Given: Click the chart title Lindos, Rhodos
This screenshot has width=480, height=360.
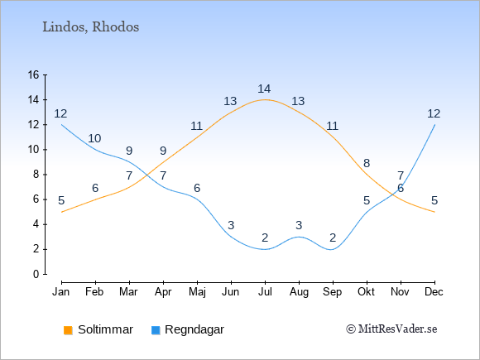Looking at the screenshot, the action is pyautogui.click(x=90, y=27).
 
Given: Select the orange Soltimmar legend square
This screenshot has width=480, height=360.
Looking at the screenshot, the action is pyautogui.click(x=68, y=330).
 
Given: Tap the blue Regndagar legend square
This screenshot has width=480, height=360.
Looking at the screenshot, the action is pyautogui.click(x=156, y=330).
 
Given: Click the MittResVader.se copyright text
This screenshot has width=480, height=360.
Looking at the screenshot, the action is pyautogui.click(x=391, y=329).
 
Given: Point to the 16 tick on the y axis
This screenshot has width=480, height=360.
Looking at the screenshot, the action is pyautogui.click(x=34, y=74).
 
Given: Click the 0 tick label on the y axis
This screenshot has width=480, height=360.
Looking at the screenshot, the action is pyautogui.click(x=36, y=274).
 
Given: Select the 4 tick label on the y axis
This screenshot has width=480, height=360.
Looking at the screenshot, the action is pyautogui.click(x=36, y=224).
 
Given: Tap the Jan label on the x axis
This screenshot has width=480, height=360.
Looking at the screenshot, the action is pyautogui.click(x=61, y=292).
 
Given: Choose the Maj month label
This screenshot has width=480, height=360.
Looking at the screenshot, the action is pyautogui.click(x=197, y=292).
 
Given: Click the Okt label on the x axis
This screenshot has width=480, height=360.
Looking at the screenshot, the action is pyautogui.click(x=366, y=292).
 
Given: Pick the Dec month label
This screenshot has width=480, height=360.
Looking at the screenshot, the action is pyautogui.click(x=434, y=292).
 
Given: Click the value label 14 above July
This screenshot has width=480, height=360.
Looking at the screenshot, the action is pyautogui.click(x=264, y=89).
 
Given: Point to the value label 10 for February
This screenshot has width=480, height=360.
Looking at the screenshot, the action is pyautogui.click(x=94, y=138).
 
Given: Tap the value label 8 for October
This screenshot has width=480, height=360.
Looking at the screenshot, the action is pyautogui.click(x=367, y=163).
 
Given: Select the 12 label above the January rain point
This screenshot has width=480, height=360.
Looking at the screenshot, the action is pyautogui.click(x=60, y=113).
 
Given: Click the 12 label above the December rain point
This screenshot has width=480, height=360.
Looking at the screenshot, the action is pyautogui.click(x=434, y=113).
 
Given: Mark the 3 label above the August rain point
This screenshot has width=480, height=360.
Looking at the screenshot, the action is pyautogui.click(x=299, y=225).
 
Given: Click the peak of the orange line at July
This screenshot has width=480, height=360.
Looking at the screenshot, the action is pyautogui.click(x=265, y=99).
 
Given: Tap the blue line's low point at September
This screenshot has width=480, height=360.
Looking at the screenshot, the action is pyautogui.click(x=331, y=249).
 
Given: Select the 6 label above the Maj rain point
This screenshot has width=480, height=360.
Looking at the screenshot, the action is pyautogui.click(x=197, y=188).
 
